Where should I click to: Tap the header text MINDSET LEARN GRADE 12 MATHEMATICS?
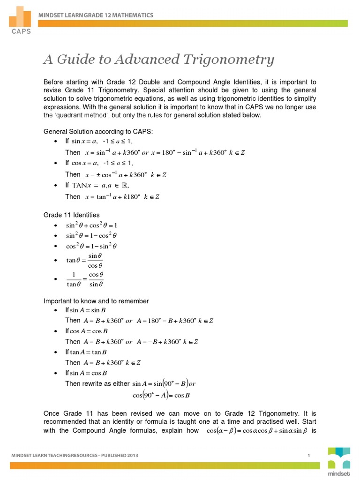[x=96, y=15]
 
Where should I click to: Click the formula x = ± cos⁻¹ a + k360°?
[x=126, y=174]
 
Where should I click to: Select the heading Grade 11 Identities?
[x=71, y=215]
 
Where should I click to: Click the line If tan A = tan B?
[x=86, y=352]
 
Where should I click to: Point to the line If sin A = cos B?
[x=86, y=373]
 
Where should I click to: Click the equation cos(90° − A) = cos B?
[x=161, y=395]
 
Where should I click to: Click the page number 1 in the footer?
[x=309, y=455]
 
